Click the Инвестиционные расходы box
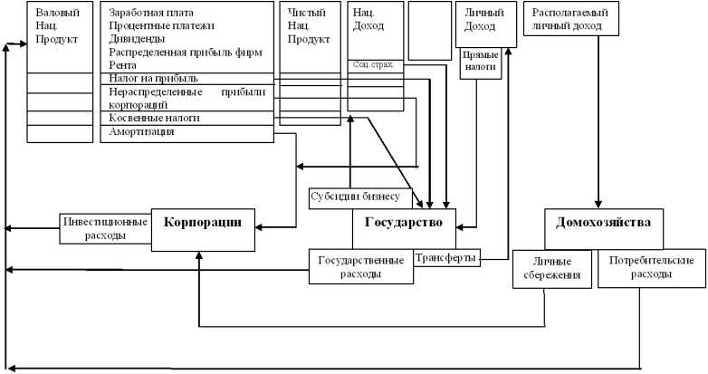pos(106,226)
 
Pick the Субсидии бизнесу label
pos(361,197)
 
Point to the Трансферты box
pos(446,258)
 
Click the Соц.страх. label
pos(374,65)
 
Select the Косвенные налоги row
pos(154,119)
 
